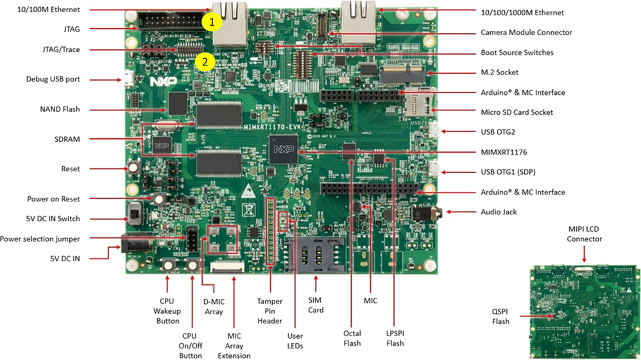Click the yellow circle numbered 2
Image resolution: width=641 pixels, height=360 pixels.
[204, 62]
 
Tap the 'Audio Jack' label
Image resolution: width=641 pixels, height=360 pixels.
[499, 212]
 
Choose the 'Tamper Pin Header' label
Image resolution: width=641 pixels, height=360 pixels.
[270, 309]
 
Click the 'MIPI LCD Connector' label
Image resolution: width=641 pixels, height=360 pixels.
[584, 234]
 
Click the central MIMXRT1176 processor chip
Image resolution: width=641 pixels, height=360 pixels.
[280, 151]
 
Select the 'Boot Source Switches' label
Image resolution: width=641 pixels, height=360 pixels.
[517, 53]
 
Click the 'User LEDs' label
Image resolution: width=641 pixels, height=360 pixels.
[295, 341]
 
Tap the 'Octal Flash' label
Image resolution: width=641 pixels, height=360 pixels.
[352, 338]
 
